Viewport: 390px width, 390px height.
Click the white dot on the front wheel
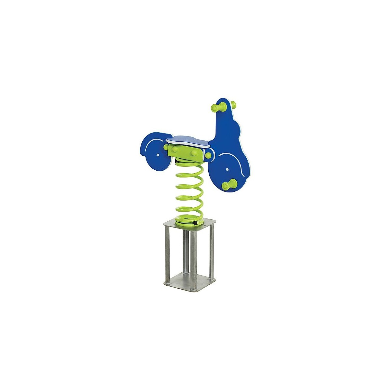click(x=227, y=169)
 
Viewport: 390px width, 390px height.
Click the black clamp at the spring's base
click(x=195, y=223)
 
